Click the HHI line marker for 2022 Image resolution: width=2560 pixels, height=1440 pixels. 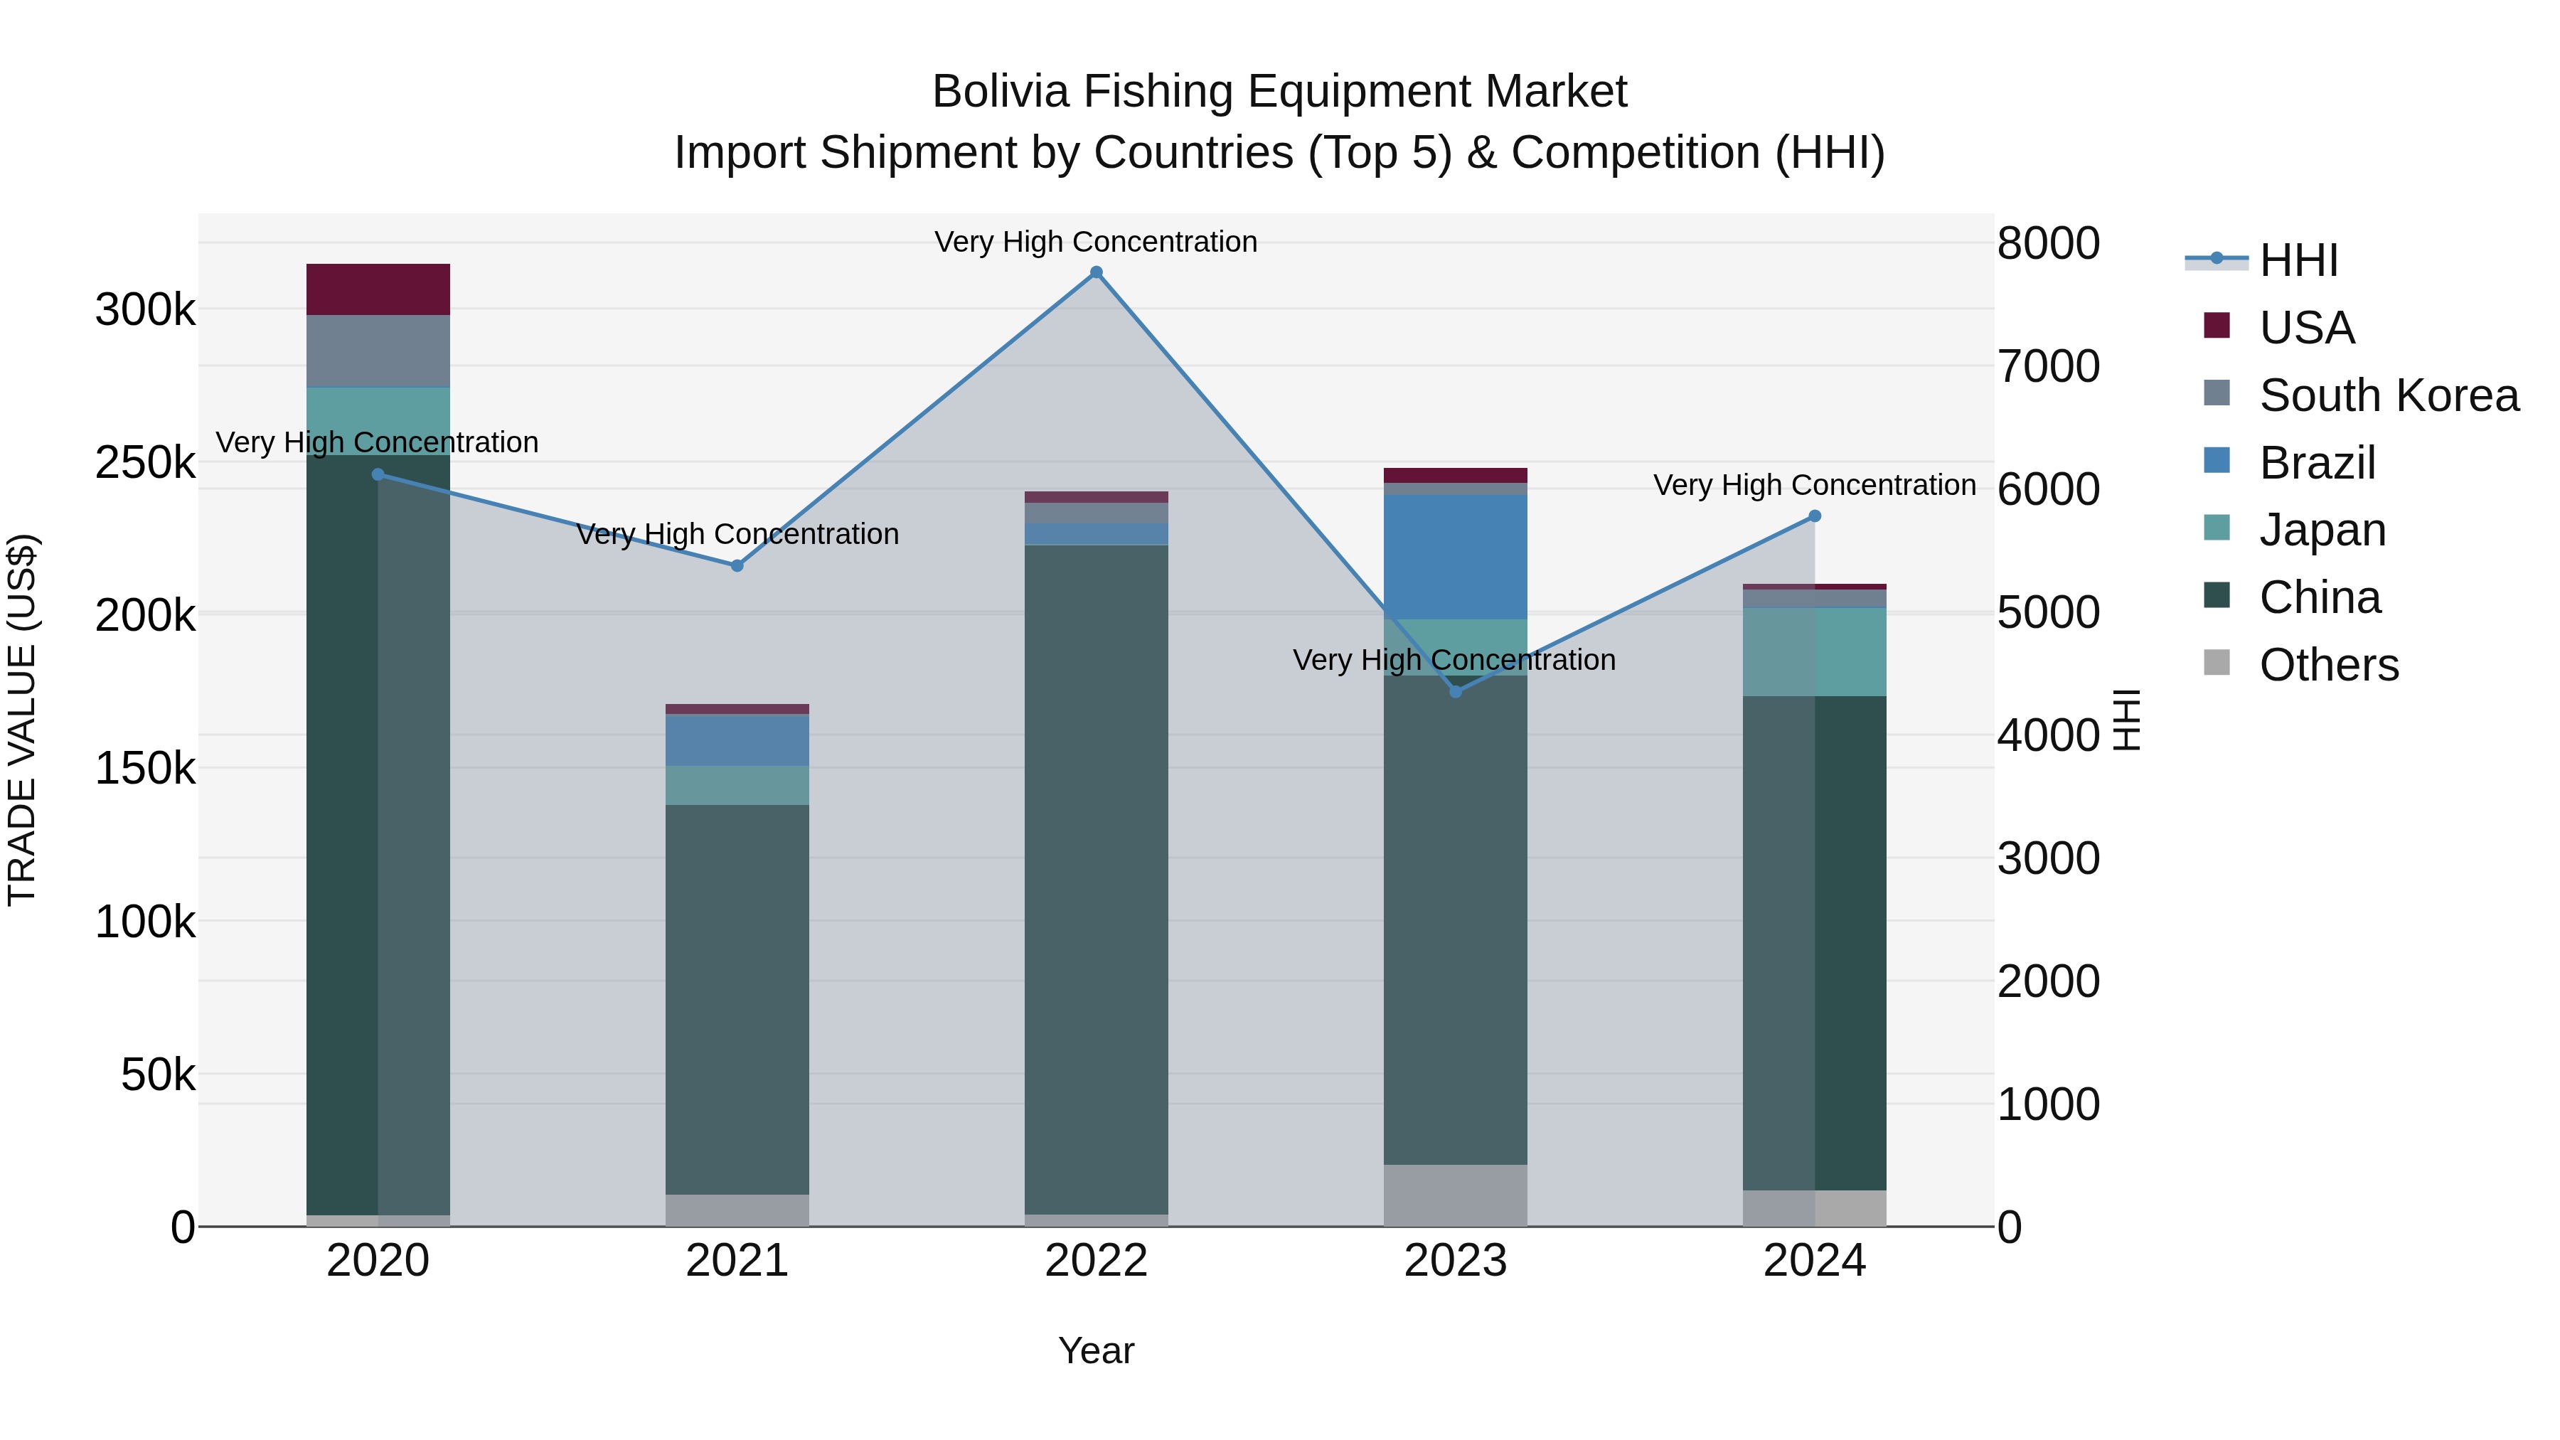1096,272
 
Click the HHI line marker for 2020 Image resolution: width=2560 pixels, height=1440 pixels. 378,475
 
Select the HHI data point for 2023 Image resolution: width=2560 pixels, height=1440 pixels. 1456,692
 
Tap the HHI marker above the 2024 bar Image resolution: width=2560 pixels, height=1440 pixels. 1815,516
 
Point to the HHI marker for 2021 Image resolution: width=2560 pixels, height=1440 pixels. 737,565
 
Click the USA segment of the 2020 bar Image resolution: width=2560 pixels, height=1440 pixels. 378,289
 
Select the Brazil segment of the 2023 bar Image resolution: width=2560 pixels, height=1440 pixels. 1455,557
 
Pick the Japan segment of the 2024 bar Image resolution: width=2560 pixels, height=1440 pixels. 1815,652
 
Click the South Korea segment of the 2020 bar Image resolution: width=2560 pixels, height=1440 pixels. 378,351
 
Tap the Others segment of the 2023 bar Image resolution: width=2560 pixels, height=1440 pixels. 1455,1195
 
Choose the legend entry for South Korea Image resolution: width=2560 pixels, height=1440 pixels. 2389,395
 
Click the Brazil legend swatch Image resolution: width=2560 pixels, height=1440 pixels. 2216,461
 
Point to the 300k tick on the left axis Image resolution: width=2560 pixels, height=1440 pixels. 145,310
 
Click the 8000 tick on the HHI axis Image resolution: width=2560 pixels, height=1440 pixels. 2048,243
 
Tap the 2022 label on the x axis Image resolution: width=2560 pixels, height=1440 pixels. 1096,1261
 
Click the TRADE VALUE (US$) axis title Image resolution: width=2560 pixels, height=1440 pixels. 22,720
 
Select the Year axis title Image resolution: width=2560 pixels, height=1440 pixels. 1096,1350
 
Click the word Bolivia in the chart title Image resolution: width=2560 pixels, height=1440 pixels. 1000,92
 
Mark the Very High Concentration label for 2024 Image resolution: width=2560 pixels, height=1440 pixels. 1815,485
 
